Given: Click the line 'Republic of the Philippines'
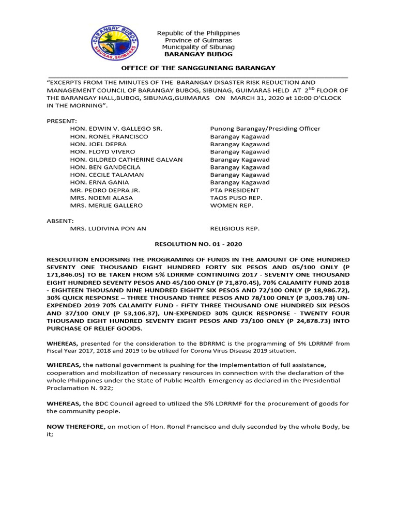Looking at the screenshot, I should (x=198, y=34).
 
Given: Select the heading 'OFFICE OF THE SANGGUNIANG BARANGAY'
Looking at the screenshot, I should (x=198, y=68).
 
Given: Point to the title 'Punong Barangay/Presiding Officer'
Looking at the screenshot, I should (x=265, y=129).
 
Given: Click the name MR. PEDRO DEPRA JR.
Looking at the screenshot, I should (x=104, y=190).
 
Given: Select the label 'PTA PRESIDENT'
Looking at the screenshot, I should (x=235, y=190).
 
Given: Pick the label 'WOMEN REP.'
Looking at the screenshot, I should (x=230, y=206).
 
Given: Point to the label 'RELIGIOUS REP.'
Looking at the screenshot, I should (x=235, y=228).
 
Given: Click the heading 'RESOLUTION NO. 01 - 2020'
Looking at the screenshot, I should (x=198, y=244).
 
